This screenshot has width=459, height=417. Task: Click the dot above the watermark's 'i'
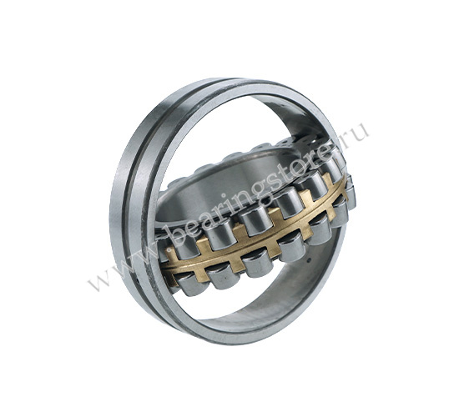click(x=223, y=194)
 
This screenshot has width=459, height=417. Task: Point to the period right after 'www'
click(x=163, y=246)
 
